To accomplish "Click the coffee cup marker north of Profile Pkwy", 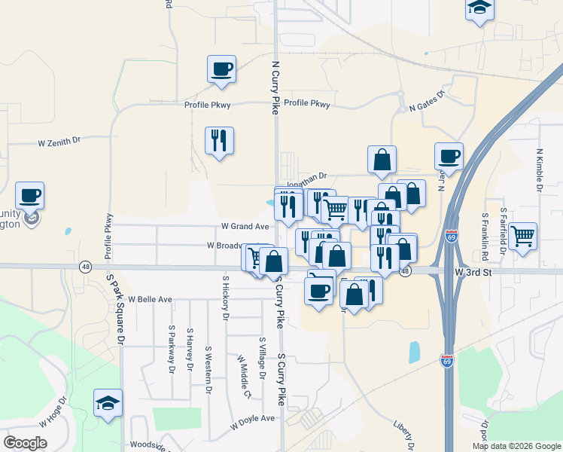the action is tap(222, 69).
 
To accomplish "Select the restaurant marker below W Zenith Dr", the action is tap(219, 140).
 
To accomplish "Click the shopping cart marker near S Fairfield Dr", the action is tap(522, 237).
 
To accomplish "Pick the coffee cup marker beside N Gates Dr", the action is tap(449, 156).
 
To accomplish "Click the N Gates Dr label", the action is tap(427, 102).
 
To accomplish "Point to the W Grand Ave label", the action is tap(245, 226).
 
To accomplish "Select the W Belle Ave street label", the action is tap(150, 299).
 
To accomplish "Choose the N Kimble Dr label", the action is tap(540, 169).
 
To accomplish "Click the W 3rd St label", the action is tap(473, 271).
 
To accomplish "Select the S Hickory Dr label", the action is tap(225, 298).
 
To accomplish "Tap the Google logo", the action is tap(26, 443).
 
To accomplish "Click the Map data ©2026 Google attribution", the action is tap(516, 446).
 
